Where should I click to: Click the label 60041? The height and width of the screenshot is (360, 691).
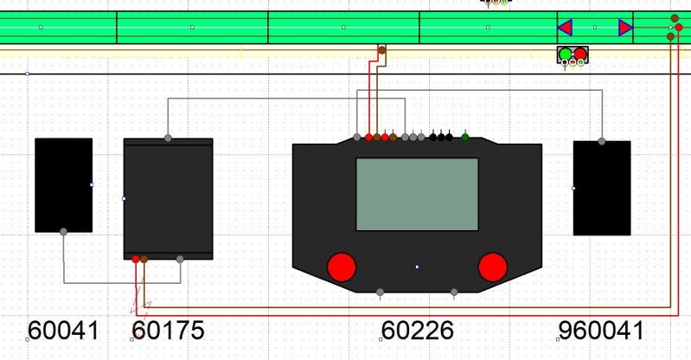point(63,331)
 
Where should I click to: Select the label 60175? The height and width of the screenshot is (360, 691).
point(169,331)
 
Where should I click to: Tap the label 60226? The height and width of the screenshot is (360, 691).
point(418,331)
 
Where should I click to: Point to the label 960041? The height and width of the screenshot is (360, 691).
point(601,331)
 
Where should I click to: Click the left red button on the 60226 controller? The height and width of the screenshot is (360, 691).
point(342,267)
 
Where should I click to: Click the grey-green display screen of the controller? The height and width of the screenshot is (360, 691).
point(417,194)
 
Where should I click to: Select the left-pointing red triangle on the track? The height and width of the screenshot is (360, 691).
point(565,28)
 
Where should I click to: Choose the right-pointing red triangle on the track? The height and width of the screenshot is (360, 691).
point(626,28)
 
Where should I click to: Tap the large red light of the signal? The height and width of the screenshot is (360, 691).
point(580,55)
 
